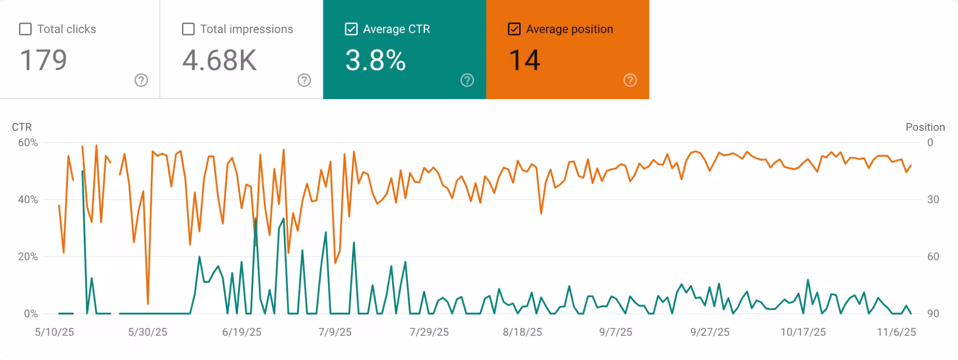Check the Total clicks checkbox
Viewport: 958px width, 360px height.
(x=25, y=29)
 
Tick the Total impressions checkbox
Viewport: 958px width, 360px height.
(x=188, y=29)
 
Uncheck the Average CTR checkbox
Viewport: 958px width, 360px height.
(x=351, y=29)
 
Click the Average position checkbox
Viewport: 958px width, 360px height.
(x=514, y=29)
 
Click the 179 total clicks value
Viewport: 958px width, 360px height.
(x=44, y=60)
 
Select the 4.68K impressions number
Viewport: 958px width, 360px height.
(x=219, y=60)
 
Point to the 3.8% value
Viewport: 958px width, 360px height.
(x=375, y=60)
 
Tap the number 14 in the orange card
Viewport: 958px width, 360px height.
(x=524, y=60)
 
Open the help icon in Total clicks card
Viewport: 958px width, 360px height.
(x=141, y=80)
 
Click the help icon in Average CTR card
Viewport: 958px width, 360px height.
(x=467, y=80)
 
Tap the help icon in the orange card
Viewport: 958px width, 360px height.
(x=630, y=80)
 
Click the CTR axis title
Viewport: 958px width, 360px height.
(x=22, y=127)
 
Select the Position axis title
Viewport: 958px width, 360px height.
(x=925, y=127)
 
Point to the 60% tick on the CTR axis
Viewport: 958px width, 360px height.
(x=28, y=143)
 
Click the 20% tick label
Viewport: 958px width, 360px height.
(x=28, y=257)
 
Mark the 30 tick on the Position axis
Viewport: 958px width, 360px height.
(x=933, y=200)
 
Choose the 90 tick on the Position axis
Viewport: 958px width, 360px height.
(x=933, y=314)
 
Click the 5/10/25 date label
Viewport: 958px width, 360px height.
(x=55, y=332)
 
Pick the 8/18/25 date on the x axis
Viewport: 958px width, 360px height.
(x=523, y=332)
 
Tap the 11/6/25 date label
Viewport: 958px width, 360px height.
(x=896, y=332)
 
